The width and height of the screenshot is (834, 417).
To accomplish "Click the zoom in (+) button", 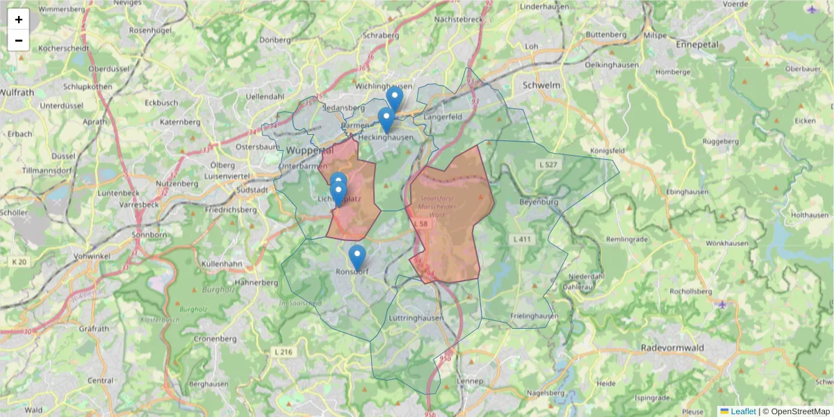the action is [x=19, y=19].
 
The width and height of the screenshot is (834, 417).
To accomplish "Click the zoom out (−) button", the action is [x=19, y=40].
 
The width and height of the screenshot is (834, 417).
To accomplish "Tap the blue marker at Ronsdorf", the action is [x=357, y=258].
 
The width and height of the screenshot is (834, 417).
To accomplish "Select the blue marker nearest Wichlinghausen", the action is [x=395, y=99].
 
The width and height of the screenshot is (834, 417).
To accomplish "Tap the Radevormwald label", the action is [x=673, y=347].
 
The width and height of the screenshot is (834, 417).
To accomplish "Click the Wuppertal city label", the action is [x=310, y=150].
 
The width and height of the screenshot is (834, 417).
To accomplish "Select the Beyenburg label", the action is [x=538, y=202].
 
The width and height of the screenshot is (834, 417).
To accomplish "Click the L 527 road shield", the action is [x=548, y=164].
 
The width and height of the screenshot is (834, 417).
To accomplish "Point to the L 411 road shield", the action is [x=522, y=240].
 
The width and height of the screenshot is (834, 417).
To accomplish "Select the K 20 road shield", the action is [x=19, y=262].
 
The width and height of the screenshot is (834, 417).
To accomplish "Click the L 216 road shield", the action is [x=284, y=352].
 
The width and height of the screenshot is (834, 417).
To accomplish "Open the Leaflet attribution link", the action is [x=743, y=411].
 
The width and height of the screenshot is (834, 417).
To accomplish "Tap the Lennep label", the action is [x=470, y=382].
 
